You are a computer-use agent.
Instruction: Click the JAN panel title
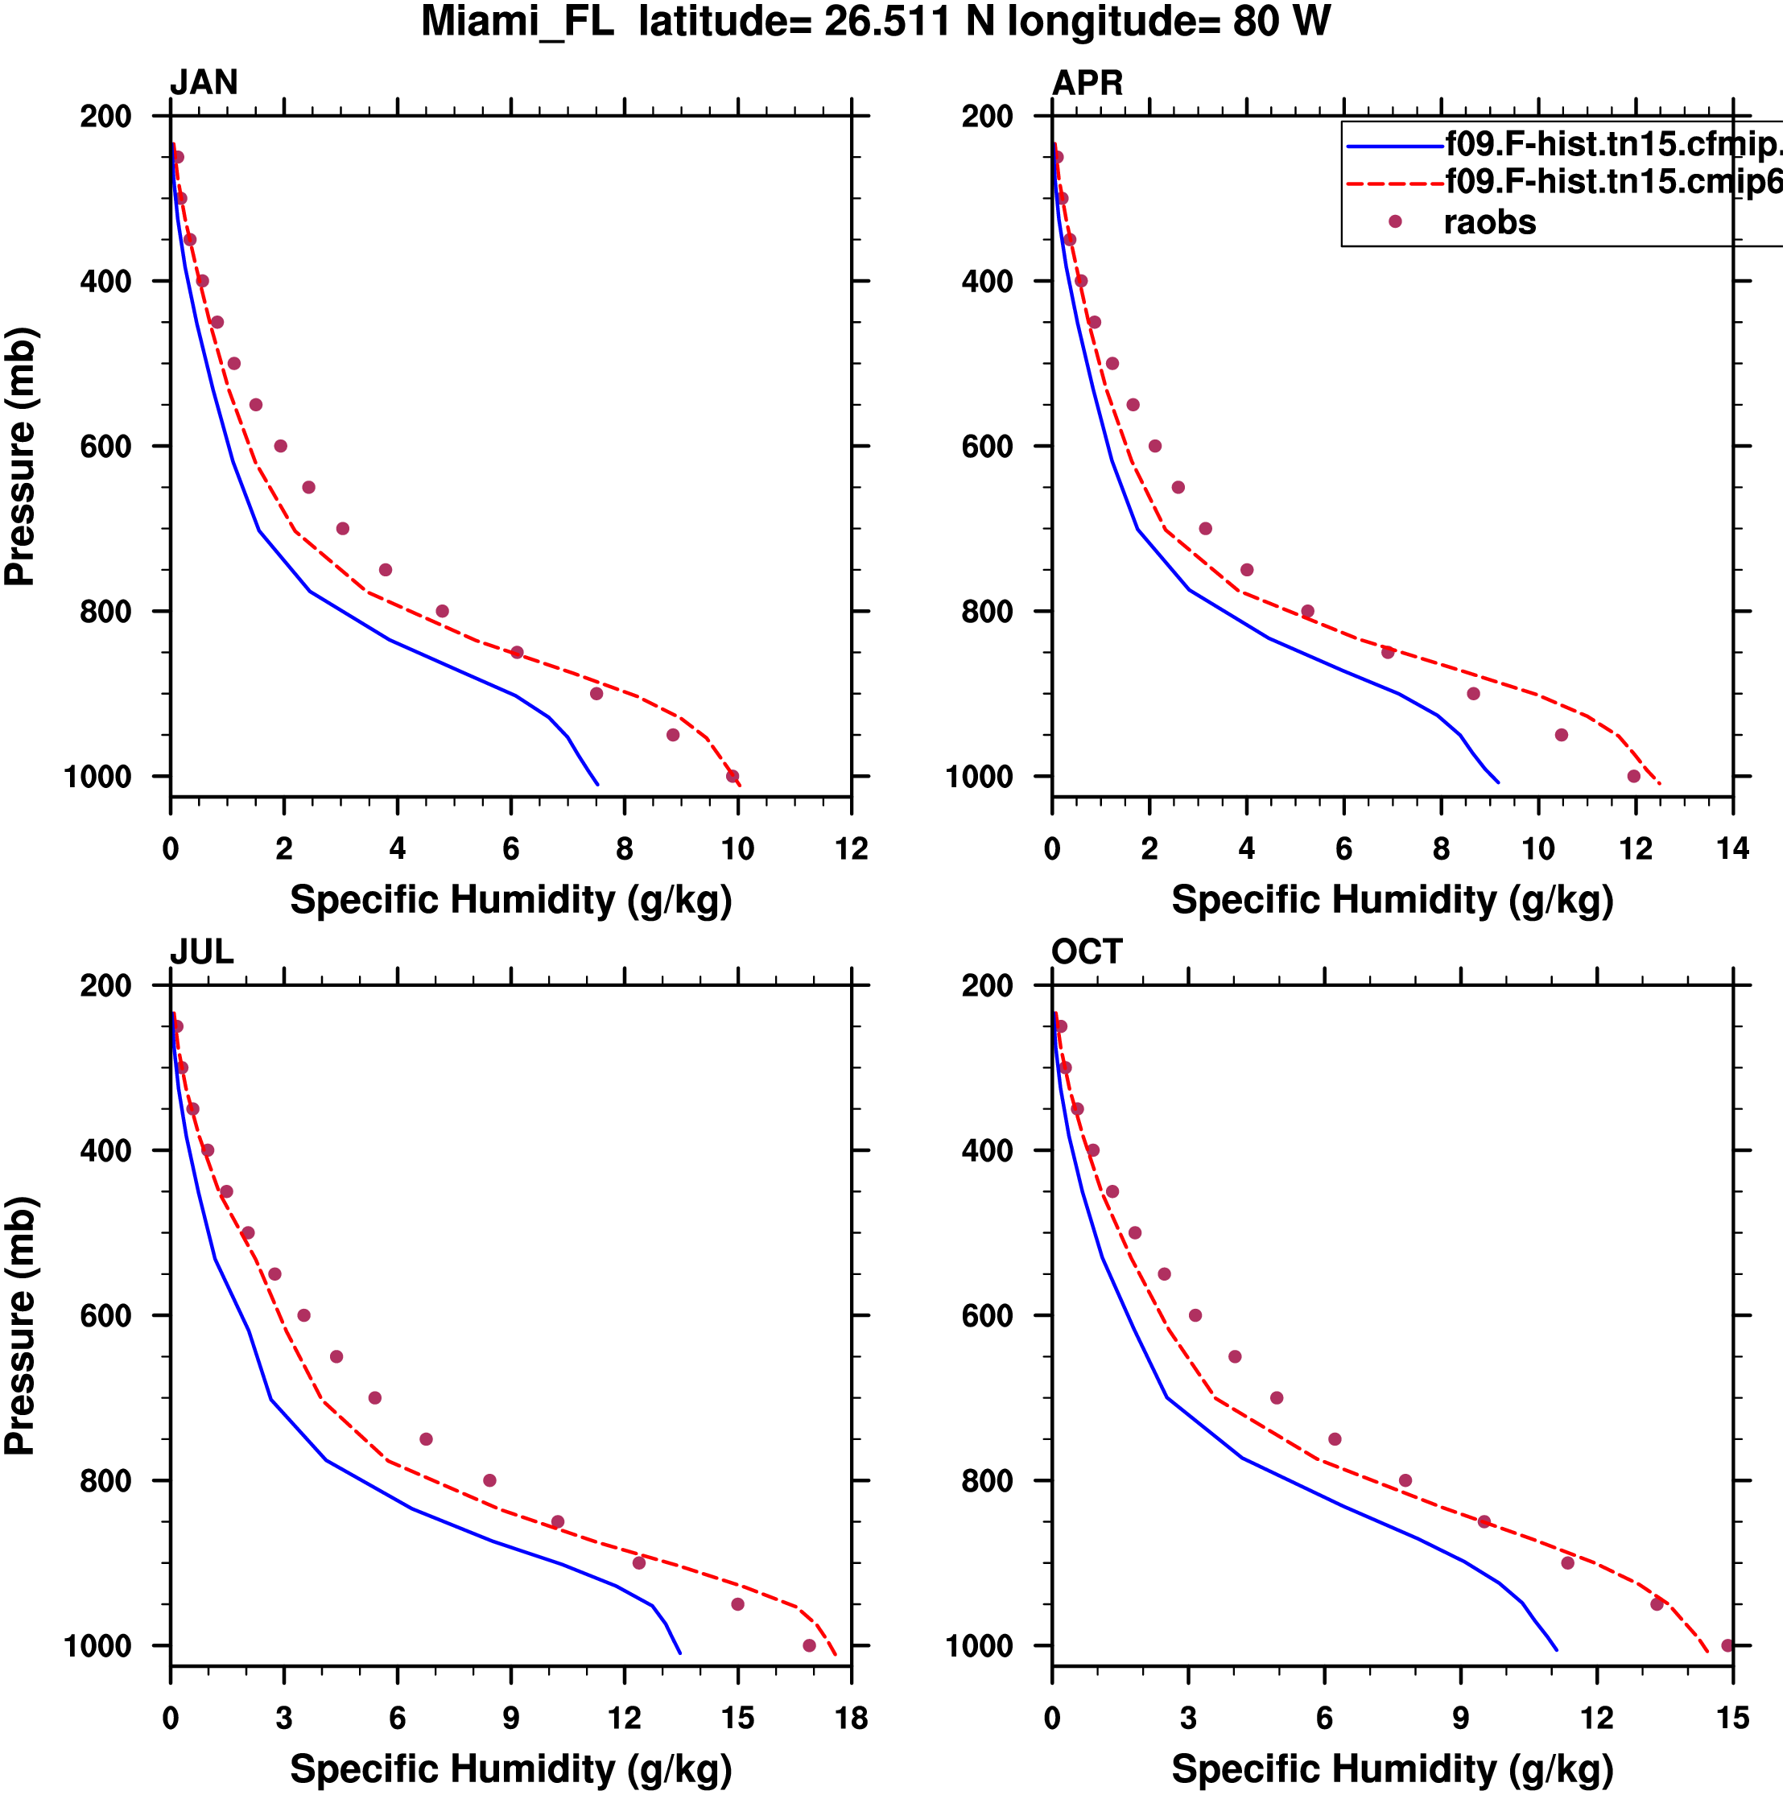tap(204, 83)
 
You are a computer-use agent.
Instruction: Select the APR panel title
tap(1087, 83)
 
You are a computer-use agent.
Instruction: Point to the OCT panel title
tap(1087, 951)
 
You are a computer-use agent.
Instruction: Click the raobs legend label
tap(1490, 223)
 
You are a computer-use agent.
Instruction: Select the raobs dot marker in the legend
tap(1395, 222)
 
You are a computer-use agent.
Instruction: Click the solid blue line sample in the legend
tap(1394, 146)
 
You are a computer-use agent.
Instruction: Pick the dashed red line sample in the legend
tap(1394, 184)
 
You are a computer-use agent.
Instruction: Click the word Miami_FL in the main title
tap(518, 23)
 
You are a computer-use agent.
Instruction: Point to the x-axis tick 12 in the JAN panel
tap(851, 848)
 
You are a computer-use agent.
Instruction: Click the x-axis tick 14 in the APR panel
tap(1733, 848)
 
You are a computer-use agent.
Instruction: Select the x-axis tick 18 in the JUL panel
tap(851, 1717)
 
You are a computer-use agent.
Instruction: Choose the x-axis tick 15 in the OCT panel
tap(1733, 1717)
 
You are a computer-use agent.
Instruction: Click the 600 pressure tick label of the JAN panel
tap(106, 447)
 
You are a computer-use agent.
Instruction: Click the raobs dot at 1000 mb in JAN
tap(733, 776)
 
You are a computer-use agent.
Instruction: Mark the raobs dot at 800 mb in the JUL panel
tap(489, 1480)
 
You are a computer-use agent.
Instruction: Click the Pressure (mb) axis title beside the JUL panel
tap(20, 1325)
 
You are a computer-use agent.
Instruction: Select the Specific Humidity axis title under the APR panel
tap(1392, 899)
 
